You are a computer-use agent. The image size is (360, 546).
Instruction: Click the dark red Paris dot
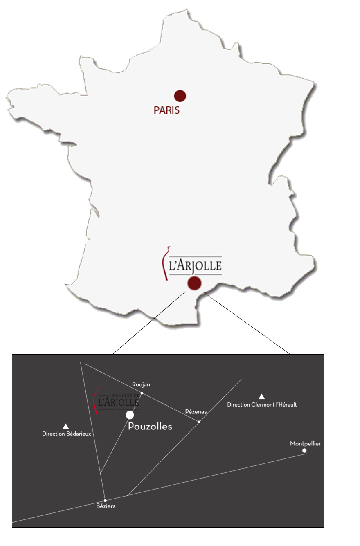[180, 96]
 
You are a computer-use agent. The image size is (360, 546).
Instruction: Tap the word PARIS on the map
[166, 110]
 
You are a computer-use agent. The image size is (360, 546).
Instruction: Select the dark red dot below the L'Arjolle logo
[194, 283]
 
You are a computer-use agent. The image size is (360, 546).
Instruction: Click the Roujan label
[141, 384]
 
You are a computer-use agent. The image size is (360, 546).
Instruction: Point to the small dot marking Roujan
[142, 393]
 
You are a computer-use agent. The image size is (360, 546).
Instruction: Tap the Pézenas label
[196, 411]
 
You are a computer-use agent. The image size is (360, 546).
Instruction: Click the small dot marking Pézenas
[199, 422]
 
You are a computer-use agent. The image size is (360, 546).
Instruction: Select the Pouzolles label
[150, 426]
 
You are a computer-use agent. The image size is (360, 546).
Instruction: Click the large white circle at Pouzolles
[130, 415]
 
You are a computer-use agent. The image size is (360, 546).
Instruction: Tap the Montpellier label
[306, 443]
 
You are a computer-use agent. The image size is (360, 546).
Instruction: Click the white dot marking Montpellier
[304, 451]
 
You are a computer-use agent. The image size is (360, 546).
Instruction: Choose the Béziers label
[106, 506]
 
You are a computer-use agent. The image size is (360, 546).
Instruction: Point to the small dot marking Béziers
[105, 500]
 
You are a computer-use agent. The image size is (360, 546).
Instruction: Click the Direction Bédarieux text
[67, 434]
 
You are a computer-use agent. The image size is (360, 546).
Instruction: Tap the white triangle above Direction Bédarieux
[65, 426]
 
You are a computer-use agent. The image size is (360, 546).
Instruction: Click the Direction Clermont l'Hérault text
[262, 404]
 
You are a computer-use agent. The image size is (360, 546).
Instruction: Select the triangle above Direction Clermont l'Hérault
[262, 396]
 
